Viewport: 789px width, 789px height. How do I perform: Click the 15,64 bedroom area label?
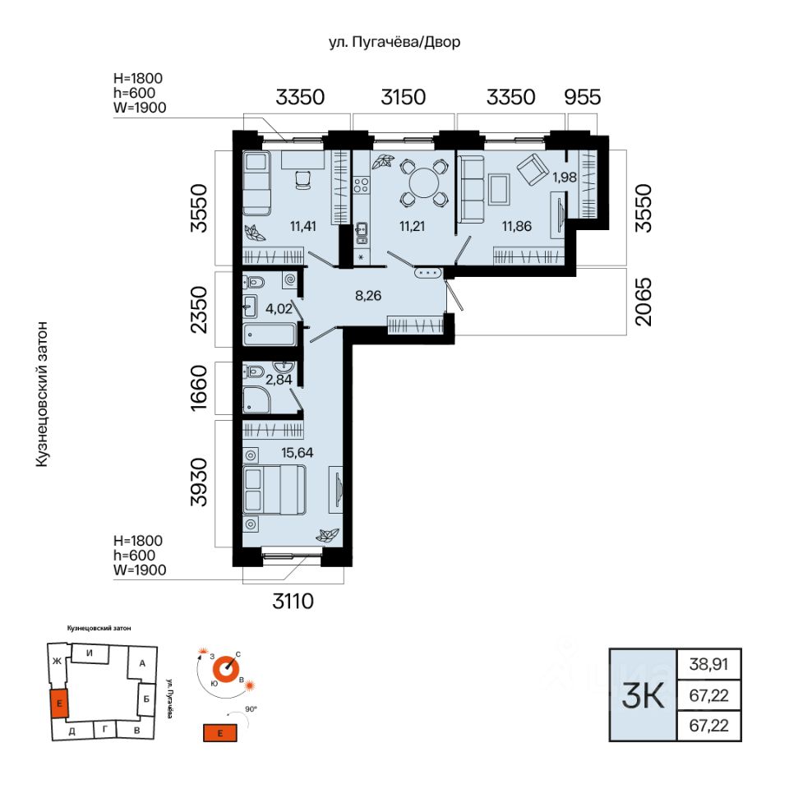(297, 452)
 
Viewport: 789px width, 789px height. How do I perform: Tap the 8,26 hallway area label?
(368, 295)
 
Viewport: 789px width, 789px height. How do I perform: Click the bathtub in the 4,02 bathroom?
(270, 335)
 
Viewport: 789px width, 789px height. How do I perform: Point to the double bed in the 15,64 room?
(275, 490)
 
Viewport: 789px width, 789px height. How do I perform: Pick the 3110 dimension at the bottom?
(293, 601)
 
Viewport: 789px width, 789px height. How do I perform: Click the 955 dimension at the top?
(582, 97)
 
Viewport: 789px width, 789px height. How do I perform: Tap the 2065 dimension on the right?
(643, 302)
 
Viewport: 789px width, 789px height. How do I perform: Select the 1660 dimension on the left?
(199, 388)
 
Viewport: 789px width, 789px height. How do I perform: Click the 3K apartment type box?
(643, 695)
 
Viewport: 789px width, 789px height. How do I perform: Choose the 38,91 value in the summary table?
(708, 664)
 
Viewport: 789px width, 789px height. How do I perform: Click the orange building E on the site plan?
(59, 704)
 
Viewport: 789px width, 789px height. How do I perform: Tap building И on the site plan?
(90, 653)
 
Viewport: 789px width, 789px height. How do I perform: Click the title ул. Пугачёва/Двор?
(394, 42)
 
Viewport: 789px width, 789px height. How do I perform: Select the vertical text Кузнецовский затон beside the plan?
(42, 394)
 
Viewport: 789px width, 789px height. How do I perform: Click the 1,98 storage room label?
(565, 177)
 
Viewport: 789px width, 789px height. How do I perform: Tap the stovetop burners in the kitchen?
(361, 185)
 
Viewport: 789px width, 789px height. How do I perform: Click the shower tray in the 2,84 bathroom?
(256, 400)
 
